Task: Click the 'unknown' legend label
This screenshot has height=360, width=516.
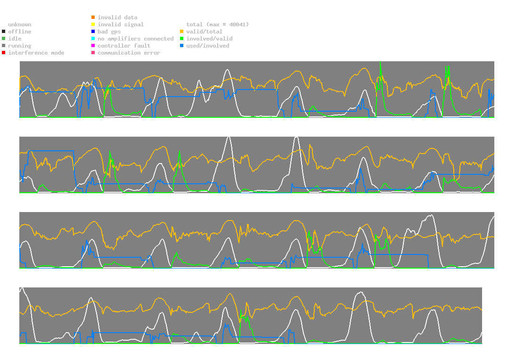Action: (x=20, y=25)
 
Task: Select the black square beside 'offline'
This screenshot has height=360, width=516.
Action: (x=4, y=32)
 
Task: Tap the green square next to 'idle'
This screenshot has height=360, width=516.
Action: (x=4, y=39)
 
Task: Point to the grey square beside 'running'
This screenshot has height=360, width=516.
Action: (x=4, y=46)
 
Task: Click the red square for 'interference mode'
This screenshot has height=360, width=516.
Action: (x=4, y=53)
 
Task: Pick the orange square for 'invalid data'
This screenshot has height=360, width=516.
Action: (x=93, y=17)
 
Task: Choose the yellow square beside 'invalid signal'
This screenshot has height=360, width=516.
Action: (x=93, y=25)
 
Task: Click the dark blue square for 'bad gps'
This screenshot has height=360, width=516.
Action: (x=93, y=32)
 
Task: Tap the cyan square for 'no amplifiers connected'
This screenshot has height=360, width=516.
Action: (x=93, y=39)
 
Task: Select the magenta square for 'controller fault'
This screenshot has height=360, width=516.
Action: (x=93, y=46)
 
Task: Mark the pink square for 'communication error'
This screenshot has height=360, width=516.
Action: (x=93, y=53)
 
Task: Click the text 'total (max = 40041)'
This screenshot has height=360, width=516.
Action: (x=218, y=25)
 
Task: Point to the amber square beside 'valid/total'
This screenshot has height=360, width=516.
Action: (x=181, y=32)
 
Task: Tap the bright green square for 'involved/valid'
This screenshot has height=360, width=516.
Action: (x=181, y=39)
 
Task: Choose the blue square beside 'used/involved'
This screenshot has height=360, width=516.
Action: (x=181, y=46)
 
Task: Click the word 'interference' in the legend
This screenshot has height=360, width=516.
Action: (x=28, y=53)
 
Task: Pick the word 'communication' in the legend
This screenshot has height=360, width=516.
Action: (x=119, y=53)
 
